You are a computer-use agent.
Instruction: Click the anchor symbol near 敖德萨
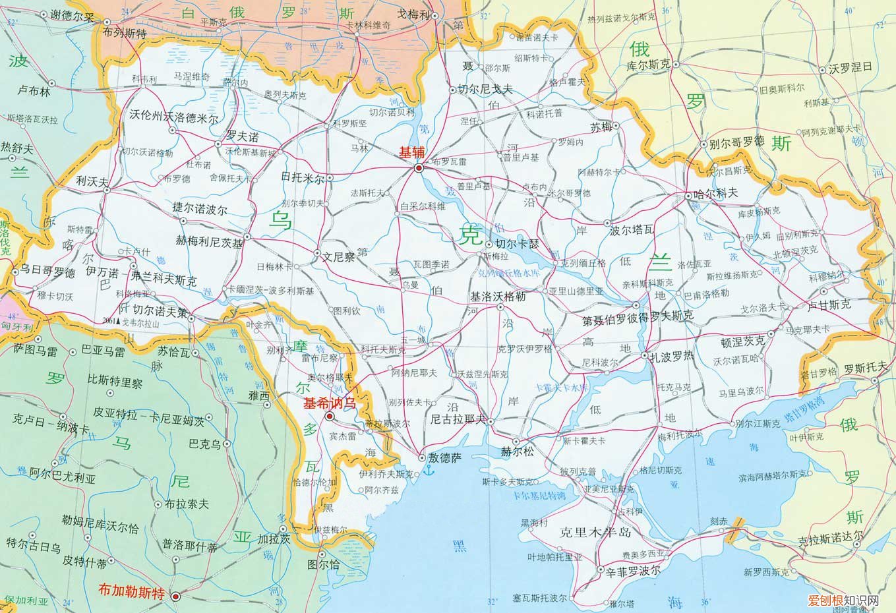pos(428,471)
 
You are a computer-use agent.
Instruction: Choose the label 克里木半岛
pos(595,532)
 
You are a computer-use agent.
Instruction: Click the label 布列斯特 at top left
pos(125,34)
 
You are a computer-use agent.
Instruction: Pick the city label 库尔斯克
pos(647,65)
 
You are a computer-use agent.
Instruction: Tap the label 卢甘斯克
pos(829,305)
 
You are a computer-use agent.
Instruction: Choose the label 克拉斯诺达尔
pos(829,540)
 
